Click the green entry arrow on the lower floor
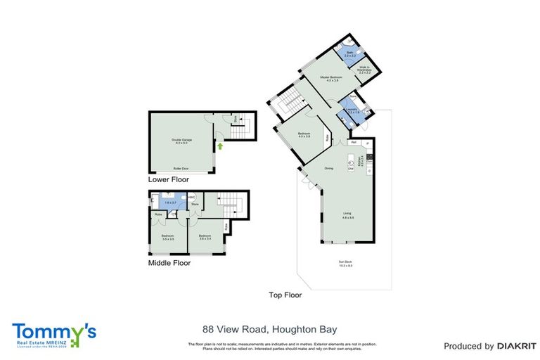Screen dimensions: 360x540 [221, 147]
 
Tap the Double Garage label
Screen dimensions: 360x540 [182, 141]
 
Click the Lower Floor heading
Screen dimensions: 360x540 [169, 180]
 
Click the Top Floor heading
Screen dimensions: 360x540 [285, 295]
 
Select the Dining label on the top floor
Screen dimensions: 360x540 [328, 168]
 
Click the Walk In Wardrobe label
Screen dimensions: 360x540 [364, 70]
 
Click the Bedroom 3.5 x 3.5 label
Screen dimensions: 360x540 [168, 237]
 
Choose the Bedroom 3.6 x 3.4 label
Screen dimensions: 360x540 [205, 237]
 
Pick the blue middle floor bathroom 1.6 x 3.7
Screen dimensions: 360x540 [168, 201]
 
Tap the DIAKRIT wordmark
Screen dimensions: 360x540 [510, 346]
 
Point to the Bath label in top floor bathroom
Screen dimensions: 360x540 [349, 53]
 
